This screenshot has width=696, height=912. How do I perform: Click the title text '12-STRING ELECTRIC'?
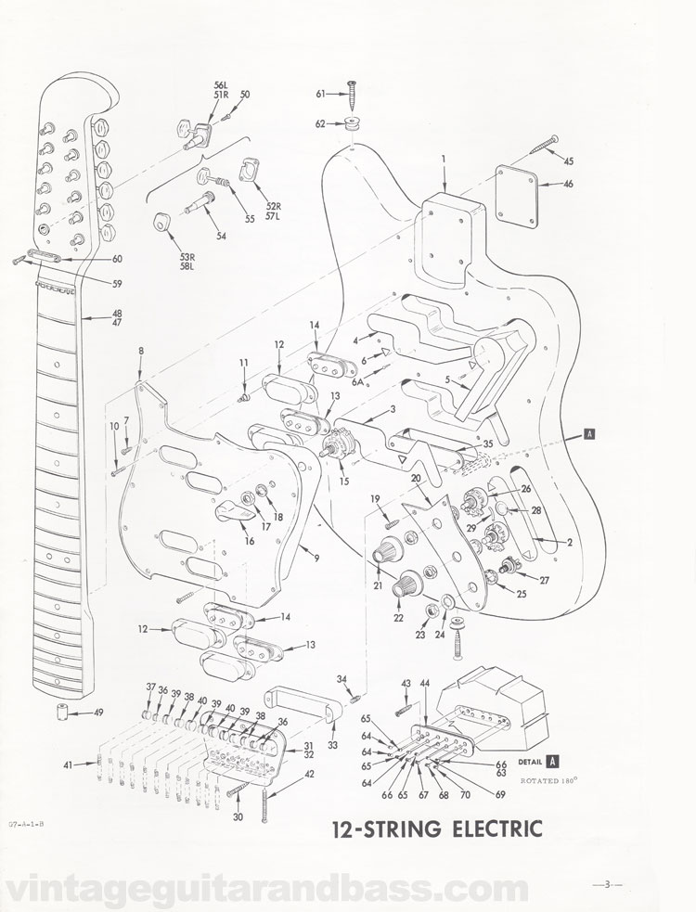[432, 829]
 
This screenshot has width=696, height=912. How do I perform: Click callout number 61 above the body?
[319, 94]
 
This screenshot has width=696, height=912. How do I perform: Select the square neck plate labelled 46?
[517, 196]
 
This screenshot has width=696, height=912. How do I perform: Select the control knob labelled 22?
[406, 587]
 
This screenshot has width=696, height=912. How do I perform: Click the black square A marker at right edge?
[589, 431]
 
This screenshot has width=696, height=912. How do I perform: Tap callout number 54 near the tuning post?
[221, 237]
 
